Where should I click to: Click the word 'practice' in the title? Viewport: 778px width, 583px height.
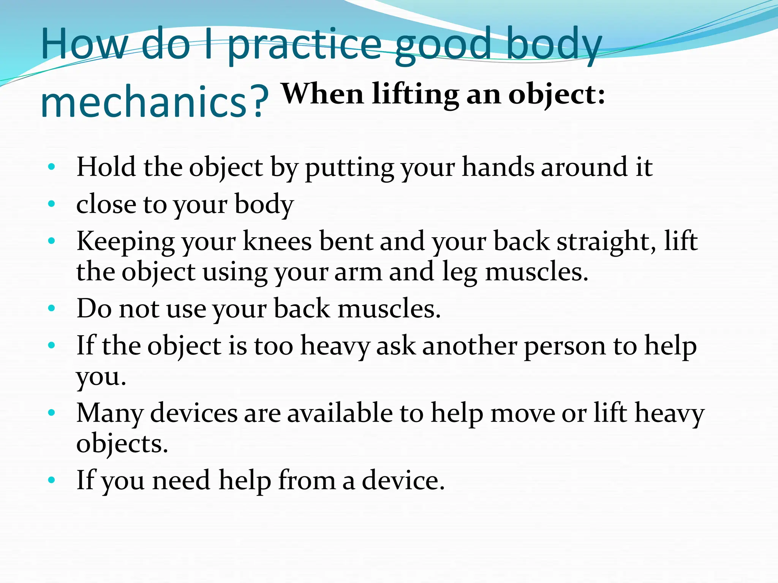point(304,46)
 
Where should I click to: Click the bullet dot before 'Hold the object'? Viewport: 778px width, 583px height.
point(52,167)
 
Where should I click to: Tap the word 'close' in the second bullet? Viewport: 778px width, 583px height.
point(106,204)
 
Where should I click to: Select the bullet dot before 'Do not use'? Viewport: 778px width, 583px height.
point(52,308)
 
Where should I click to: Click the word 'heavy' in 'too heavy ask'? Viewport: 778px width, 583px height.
point(335,346)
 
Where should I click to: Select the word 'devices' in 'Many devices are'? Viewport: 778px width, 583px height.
point(194,413)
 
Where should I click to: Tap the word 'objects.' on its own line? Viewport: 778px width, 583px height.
point(122,443)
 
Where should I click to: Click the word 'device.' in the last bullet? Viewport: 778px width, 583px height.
point(403,480)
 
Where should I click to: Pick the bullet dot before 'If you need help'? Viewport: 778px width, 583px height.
point(52,480)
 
